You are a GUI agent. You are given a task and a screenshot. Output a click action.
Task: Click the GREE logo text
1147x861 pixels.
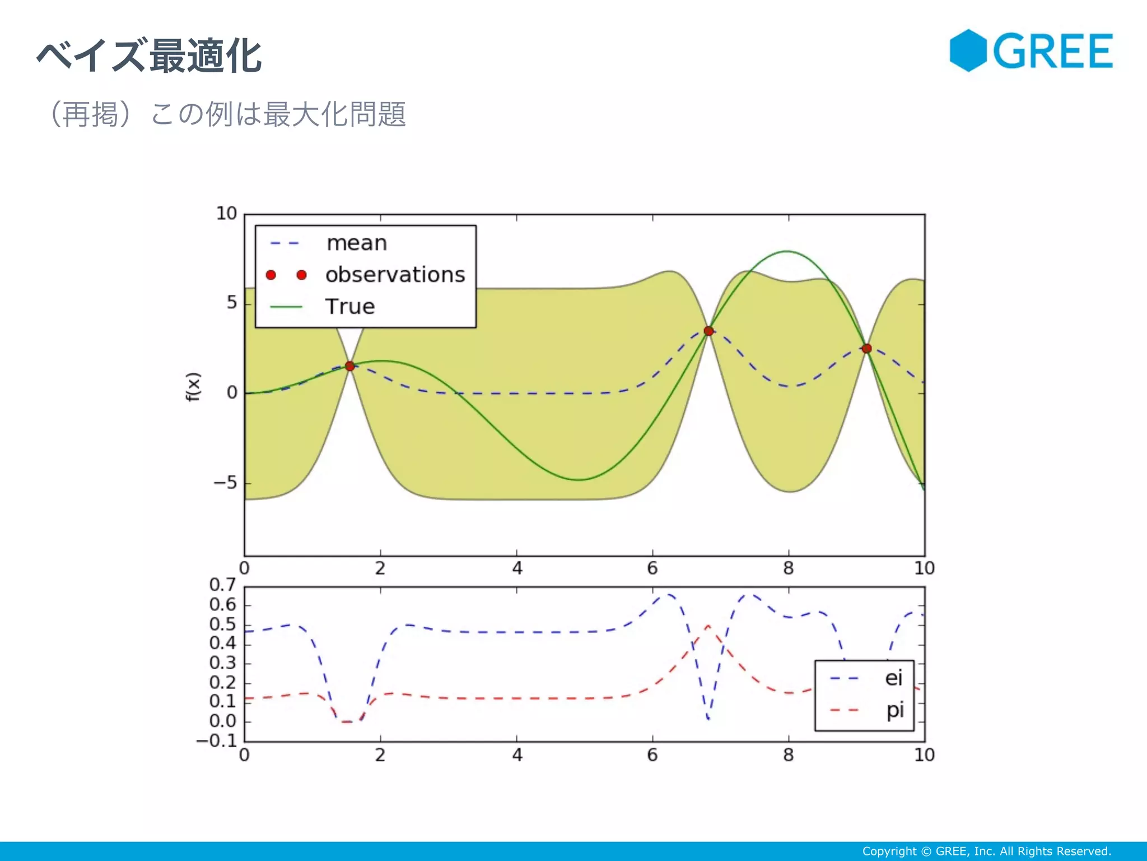[1053, 52]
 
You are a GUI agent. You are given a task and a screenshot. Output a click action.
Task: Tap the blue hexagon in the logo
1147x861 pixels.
[968, 50]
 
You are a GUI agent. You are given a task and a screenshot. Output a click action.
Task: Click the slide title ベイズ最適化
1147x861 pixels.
[150, 56]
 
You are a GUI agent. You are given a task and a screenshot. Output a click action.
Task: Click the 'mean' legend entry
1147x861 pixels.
[356, 243]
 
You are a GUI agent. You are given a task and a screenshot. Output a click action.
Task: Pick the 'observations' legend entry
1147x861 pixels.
[394, 275]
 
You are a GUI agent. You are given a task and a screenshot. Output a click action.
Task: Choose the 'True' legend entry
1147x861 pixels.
[350, 307]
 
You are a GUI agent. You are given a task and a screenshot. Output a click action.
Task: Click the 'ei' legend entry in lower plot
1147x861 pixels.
[893, 678]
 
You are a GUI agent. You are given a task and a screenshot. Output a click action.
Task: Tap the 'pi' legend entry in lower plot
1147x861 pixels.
[894, 710]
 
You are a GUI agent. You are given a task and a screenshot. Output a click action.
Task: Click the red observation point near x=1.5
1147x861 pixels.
[349, 366]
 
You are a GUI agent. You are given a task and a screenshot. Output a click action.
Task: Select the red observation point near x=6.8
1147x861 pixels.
[708, 331]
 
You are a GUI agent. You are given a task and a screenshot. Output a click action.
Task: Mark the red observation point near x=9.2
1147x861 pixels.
[866, 349]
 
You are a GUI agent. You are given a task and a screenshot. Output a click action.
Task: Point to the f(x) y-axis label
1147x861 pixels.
[193, 387]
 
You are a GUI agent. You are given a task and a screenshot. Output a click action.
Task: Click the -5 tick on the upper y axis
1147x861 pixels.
[226, 483]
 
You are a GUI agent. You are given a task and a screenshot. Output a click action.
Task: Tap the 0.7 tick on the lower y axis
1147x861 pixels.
[222, 585]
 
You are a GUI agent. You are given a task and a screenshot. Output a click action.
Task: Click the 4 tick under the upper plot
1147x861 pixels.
[516, 568]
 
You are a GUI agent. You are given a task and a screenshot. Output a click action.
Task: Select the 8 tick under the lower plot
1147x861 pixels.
[788, 755]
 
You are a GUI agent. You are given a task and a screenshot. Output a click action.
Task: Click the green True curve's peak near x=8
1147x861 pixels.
[787, 251]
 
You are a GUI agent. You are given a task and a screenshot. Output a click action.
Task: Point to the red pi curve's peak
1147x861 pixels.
[708, 626]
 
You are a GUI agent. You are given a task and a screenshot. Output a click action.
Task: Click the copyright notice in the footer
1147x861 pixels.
[986, 851]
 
